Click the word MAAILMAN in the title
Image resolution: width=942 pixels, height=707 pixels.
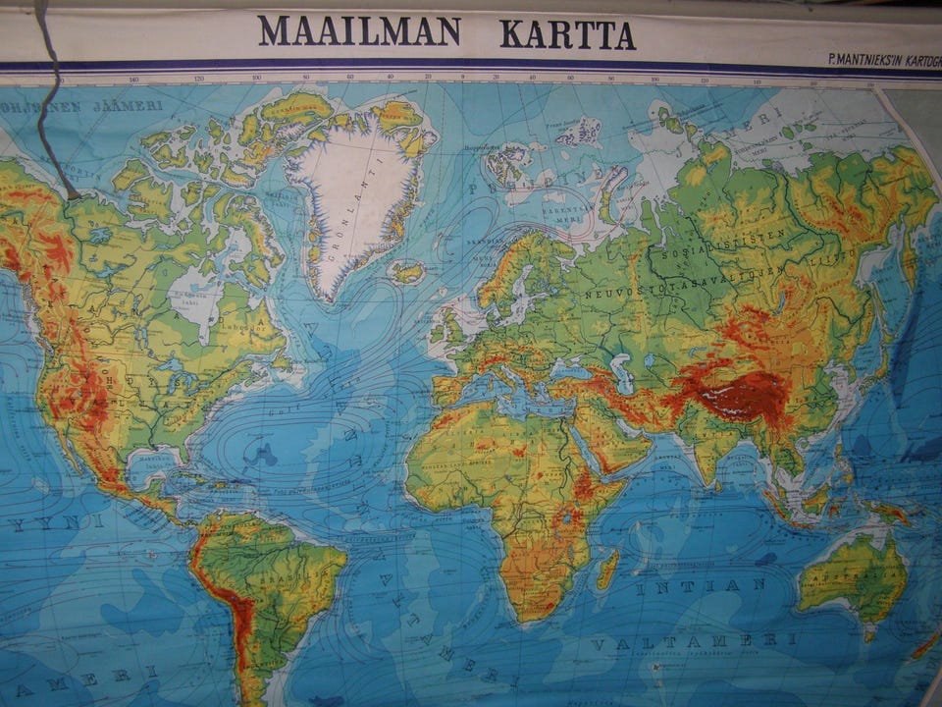pyautogui.click(x=359, y=31)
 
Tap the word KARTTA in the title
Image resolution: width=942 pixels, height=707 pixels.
pyautogui.click(x=567, y=34)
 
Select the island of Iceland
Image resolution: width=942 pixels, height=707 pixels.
pyautogui.click(x=406, y=272)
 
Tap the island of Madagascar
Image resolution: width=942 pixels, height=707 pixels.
pyautogui.click(x=607, y=569)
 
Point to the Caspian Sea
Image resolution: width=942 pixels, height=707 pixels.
pyautogui.click(x=620, y=373)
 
